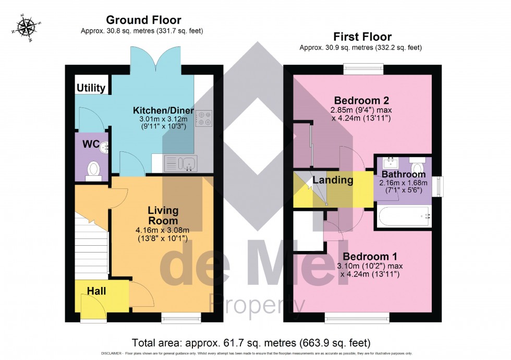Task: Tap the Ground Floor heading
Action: coord(143,20)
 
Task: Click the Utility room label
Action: coord(91,88)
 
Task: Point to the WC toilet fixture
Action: coord(93,169)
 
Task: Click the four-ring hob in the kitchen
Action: coord(203,118)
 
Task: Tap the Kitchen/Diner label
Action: coord(163,111)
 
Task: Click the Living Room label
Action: coord(163,215)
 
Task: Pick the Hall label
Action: coord(96,291)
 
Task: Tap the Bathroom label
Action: coord(403,174)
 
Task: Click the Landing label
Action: coord(333,181)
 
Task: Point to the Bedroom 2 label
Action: coord(362,100)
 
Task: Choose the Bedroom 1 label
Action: coord(370,256)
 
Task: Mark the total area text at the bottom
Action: coord(251,343)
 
